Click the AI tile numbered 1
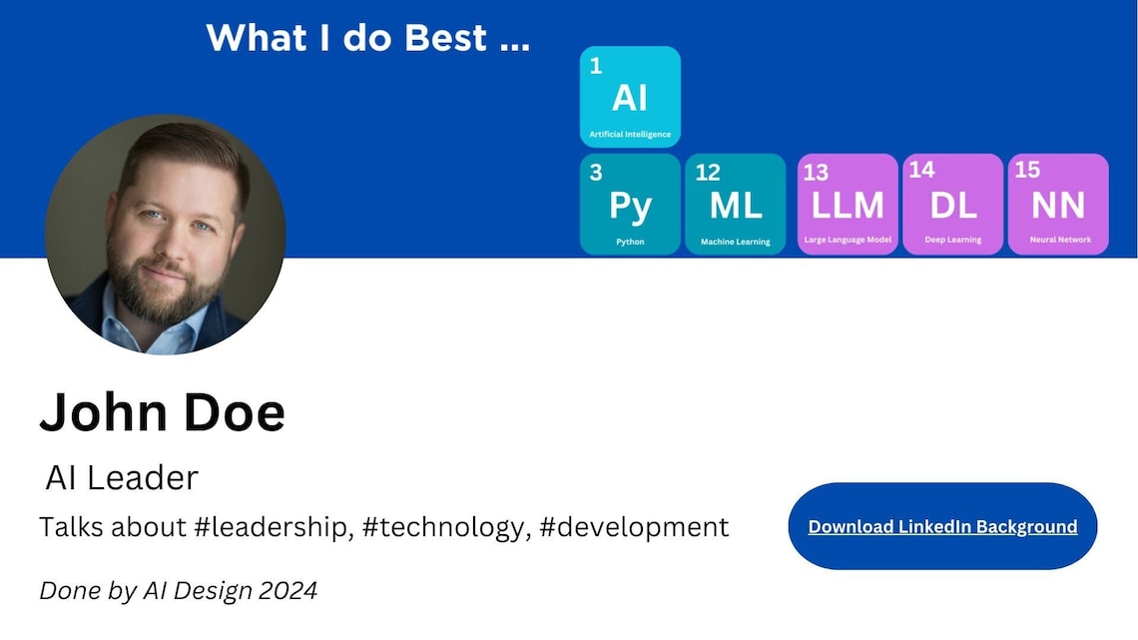(x=630, y=97)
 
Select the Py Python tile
(x=630, y=205)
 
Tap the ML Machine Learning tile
(x=736, y=205)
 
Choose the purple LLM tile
(x=848, y=205)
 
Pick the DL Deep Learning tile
(x=953, y=205)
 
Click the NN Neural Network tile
(x=1058, y=205)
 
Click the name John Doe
(x=162, y=411)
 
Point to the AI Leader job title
(x=122, y=478)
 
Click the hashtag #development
(x=634, y=526)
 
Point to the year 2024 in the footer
(x=287, y=590)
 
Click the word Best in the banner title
(x=446, y=38)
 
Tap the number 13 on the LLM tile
(x=816, y=172)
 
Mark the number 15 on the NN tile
(x=1027, y=170)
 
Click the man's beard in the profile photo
(x=160, y=290)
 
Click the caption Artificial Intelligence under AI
(x=630, y=134)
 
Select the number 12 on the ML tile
(x=708, y=172)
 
